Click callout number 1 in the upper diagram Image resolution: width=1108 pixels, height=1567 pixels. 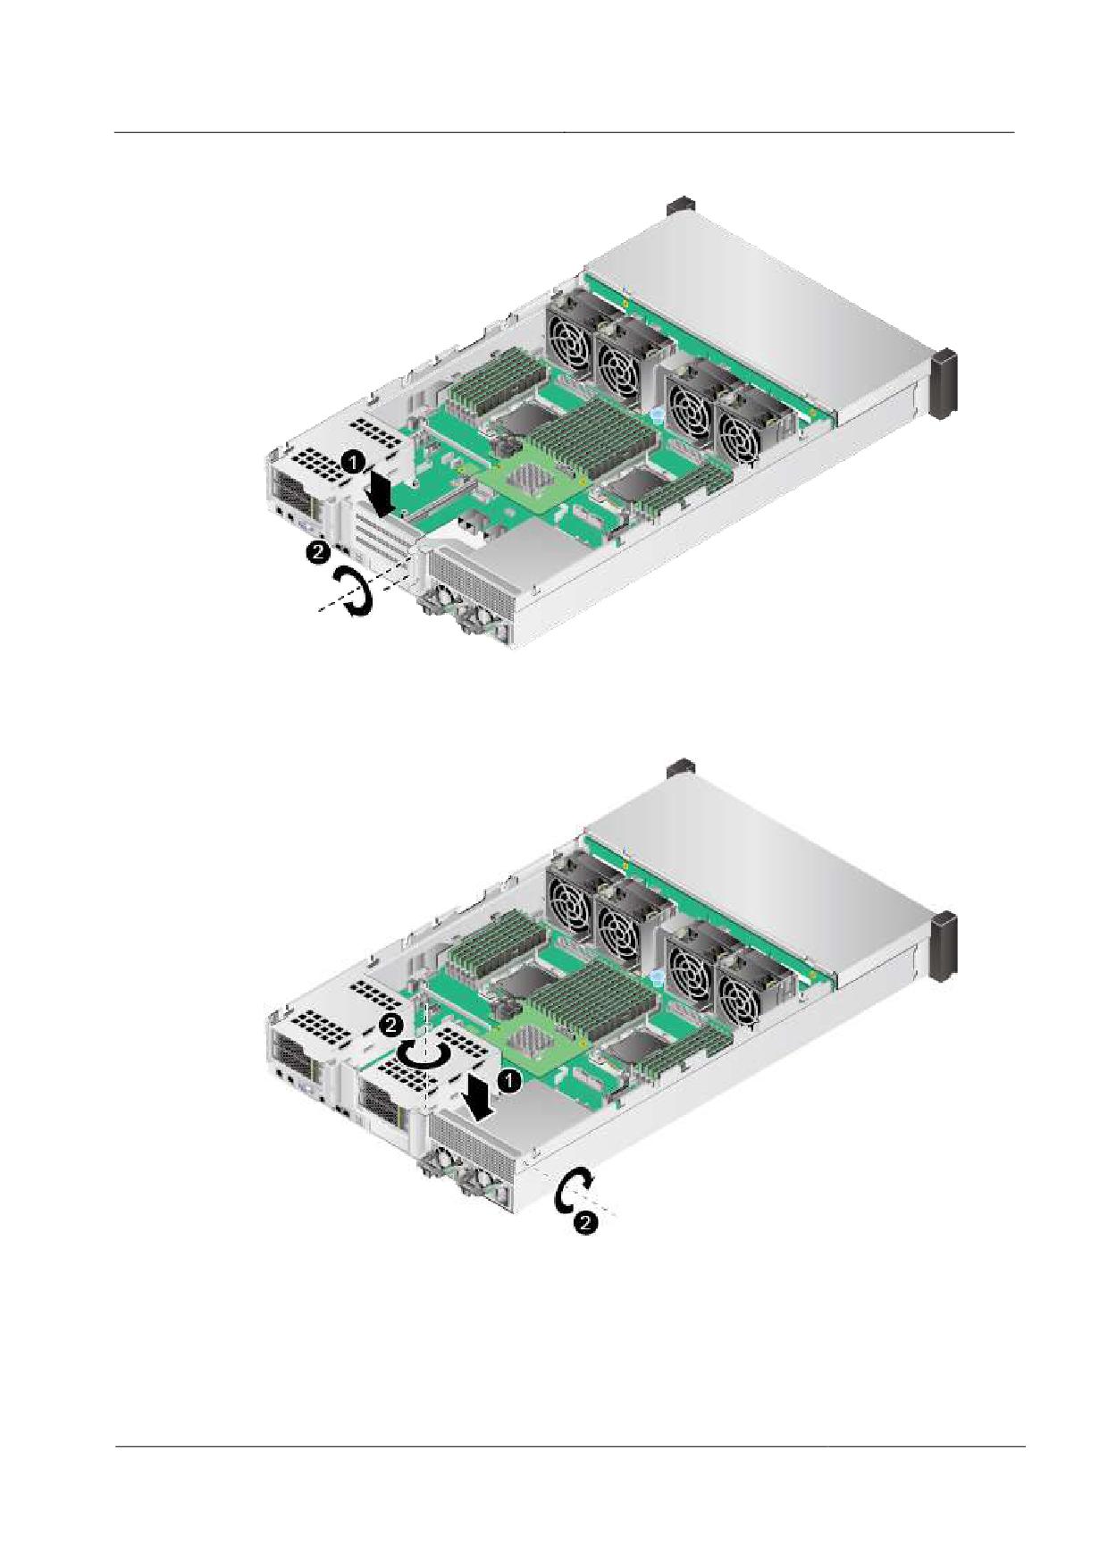354,463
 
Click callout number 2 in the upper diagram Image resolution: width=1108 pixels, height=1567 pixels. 316,552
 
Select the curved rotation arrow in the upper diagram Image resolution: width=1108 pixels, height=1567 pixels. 351,593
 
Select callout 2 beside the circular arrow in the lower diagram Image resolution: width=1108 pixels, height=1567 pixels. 391,1026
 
